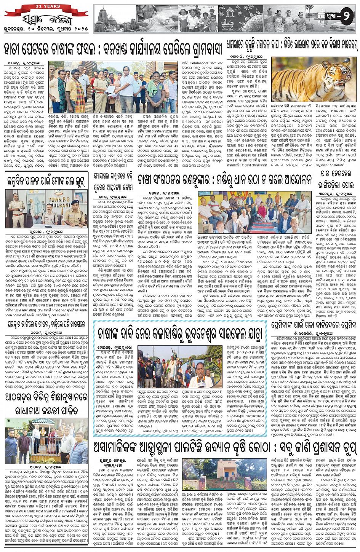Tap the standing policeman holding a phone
16,208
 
